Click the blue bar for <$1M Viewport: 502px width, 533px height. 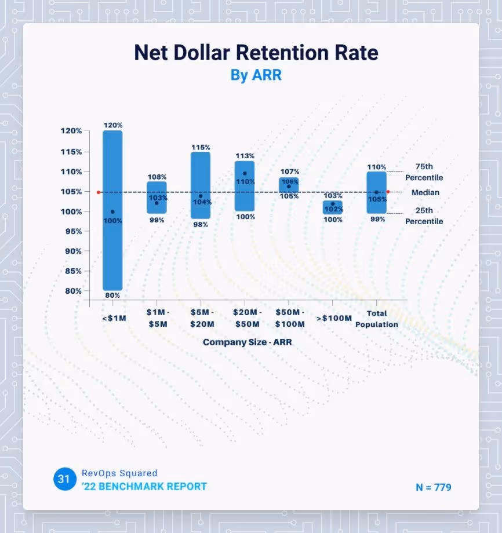click(112, 174)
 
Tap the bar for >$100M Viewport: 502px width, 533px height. click(333, 208)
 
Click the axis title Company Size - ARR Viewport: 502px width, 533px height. click(248, 342)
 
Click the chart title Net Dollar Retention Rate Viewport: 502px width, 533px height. click(256, 53)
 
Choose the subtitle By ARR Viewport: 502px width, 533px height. click(256, 75)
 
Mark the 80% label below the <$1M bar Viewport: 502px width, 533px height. click(112, 295)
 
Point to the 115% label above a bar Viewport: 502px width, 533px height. click(201, 148)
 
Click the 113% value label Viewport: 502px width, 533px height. click(245, 156)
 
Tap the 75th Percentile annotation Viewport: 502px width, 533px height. click(424, 172)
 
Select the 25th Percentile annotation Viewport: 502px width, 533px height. click(424, 216)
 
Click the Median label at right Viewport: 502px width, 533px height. click(425, 192)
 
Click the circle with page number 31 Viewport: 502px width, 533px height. click(65, 479)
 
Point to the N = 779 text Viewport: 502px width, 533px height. click(433, 487)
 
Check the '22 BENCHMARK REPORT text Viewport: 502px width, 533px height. click(144, 486)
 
